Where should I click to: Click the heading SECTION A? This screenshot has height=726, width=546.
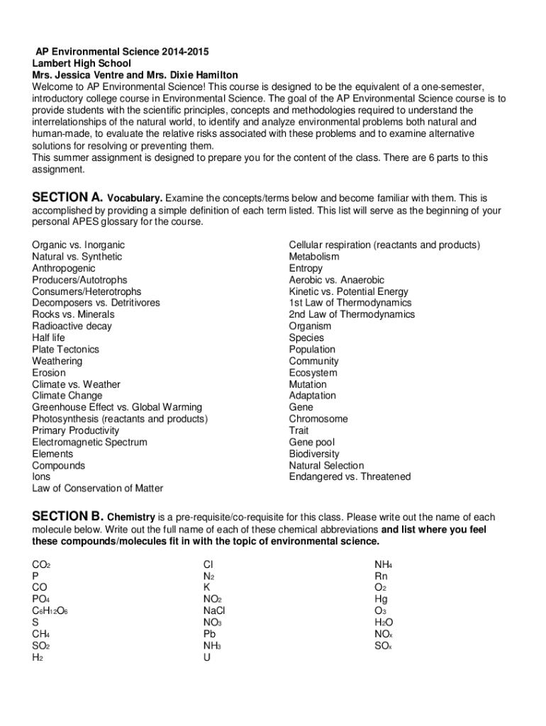pos(68,197)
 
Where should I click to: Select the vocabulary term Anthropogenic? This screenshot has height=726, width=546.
pos(64,268)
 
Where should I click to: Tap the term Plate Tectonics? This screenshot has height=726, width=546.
pos(65,350)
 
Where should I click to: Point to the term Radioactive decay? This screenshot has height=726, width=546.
pos(72,326)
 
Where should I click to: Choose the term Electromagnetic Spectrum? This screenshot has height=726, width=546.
pos(89,442)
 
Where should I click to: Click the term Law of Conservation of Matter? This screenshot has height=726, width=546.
pos(97,488)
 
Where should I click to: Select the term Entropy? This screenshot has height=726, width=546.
pos(306,268)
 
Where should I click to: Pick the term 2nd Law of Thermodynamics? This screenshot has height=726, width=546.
pos(352,315)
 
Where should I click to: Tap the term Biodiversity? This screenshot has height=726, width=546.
pos(314,454)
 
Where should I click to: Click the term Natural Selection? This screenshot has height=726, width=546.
pos(325,466)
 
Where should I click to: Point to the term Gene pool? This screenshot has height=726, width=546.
pos(313,442)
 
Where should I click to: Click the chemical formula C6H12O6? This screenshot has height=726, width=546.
pos(50,611)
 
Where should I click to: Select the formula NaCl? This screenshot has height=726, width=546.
pos(214,611)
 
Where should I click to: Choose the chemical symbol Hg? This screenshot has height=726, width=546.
pos(381,599)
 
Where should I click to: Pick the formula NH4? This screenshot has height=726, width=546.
pos(384,565)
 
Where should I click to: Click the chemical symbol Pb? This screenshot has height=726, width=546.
pos(209,634)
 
